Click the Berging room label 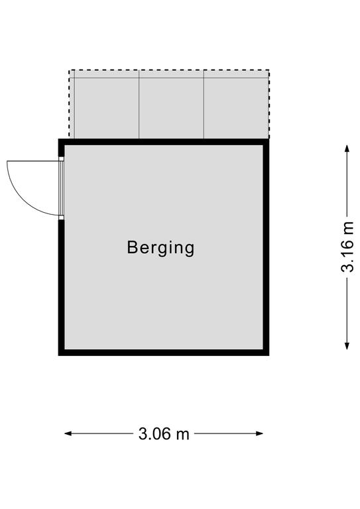(160, 249)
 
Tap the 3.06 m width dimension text (164, 433)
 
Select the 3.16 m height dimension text (347, 247)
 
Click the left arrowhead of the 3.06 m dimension (68, 433)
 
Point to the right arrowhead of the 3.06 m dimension (259, 433)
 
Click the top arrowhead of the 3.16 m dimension (347, 148)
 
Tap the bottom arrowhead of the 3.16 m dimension (347, 346)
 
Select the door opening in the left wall (61, 188)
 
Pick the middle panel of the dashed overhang (172, 108)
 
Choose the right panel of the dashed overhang (236, 108)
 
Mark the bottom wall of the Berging (164, 353)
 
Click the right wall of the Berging (266, 247)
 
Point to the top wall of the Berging (164, 142)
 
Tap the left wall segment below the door (62, 288)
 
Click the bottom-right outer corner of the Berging (269, 355)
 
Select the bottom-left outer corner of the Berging (59, 355)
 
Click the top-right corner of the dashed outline (269, 70)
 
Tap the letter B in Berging (132, 247)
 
